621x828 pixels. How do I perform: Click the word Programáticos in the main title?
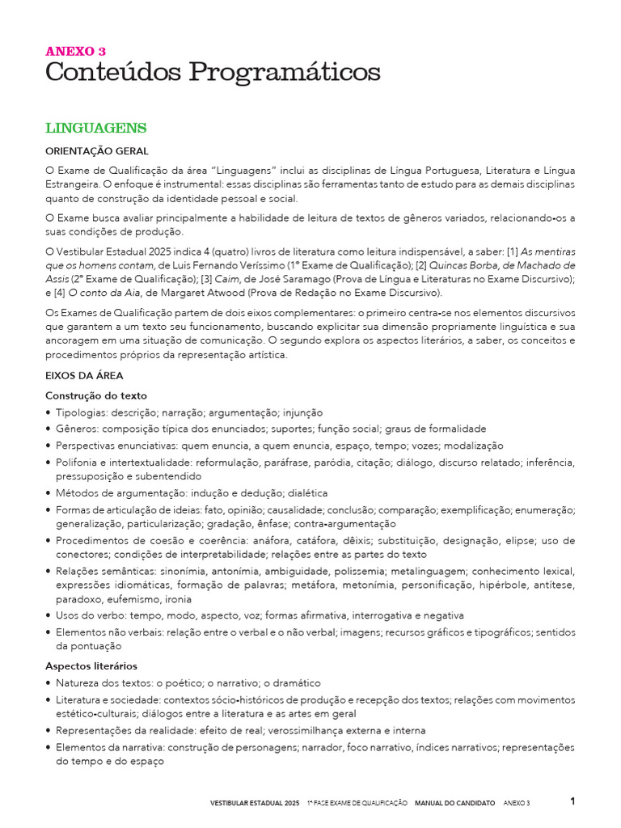click(x=285, y=73)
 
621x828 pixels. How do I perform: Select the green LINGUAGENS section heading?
click(x=95, y=128)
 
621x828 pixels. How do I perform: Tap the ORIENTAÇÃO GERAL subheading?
click(x=97, y=151)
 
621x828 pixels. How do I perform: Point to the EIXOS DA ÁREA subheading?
click(x=85, y=376)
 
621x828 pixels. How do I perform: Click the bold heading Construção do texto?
click(x=96, y=395)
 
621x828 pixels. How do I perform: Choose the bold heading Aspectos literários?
click(x=91, y=666)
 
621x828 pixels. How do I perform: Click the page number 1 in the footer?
click(x=572, y=801)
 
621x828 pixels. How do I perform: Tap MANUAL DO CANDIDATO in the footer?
click(x=454, y=803)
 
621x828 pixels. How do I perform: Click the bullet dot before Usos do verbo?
click(x=49, y=615)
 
